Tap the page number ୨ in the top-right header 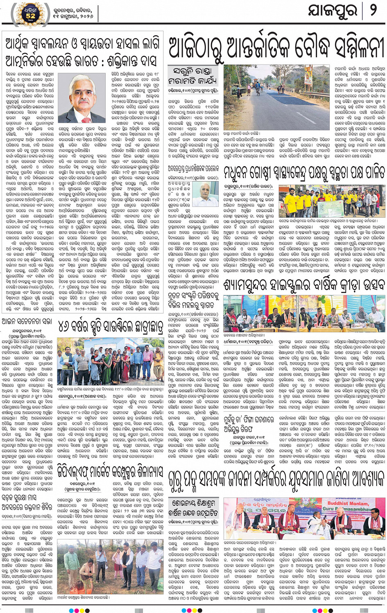[373, 11]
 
